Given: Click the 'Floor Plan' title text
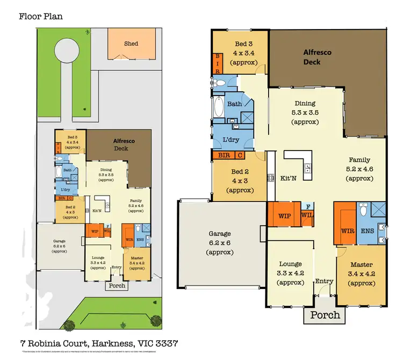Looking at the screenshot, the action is [x=41, y=16].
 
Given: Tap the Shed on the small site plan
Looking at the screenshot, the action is [x=131, y=44].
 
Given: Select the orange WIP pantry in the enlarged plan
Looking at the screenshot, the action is [x=284, y=216].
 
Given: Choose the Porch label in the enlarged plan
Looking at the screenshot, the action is [x=325, y=315].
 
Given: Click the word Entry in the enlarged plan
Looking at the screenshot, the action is [x=324, y=281].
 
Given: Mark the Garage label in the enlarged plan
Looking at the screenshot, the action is [x=220, y=234].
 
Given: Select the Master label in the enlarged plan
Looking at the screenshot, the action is [x=361, y=264].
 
